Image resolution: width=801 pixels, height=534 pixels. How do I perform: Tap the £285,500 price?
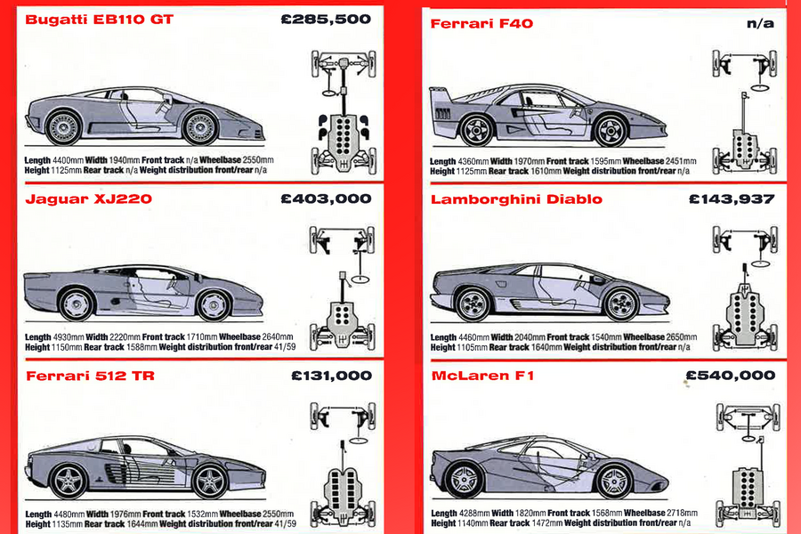325,19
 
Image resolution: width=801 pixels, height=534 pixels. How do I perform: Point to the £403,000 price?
325,198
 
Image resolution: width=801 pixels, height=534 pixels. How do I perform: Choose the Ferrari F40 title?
481,23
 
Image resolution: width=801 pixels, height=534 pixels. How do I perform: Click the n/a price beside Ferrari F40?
760,23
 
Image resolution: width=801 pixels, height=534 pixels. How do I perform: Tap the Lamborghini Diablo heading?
516,198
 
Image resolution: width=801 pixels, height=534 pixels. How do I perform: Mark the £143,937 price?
732,198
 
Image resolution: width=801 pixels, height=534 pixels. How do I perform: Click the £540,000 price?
732,376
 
